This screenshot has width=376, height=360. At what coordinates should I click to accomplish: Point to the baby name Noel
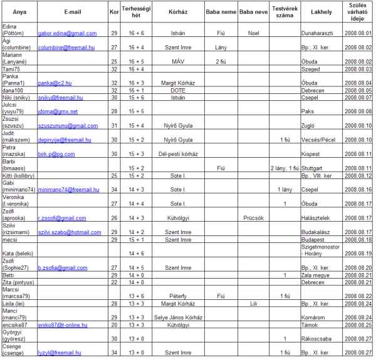[253, 33]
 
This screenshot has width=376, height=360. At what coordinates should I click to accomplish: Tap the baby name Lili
[253, 303]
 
